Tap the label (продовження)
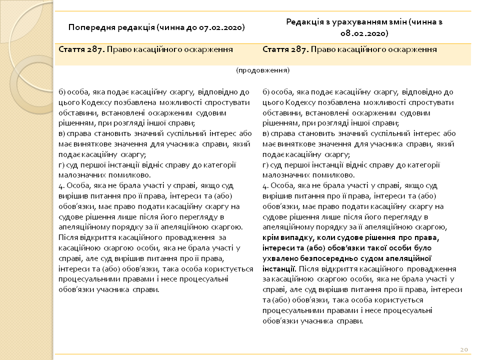[263, 70]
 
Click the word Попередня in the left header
[89, 27]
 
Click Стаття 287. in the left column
[80, 49]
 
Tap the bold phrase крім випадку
[287, 237]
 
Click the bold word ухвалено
[278, 258]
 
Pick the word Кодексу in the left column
[90, 102]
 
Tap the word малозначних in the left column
[79, 175]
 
